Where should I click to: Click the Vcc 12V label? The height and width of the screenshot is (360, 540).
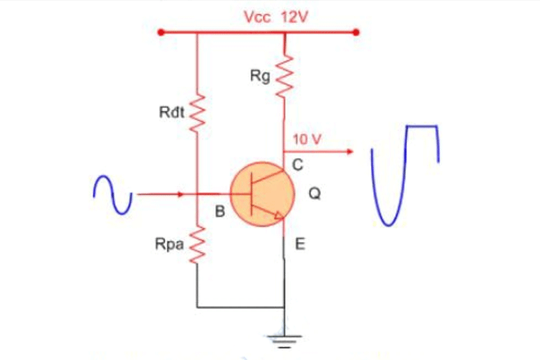276,16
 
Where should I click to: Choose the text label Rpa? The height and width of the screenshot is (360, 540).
171,244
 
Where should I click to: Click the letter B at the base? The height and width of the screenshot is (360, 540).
220,212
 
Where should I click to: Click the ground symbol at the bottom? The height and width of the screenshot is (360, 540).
283,341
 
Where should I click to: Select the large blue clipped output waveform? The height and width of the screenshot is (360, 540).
405,174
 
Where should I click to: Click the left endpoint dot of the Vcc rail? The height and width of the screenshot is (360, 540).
159,33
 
